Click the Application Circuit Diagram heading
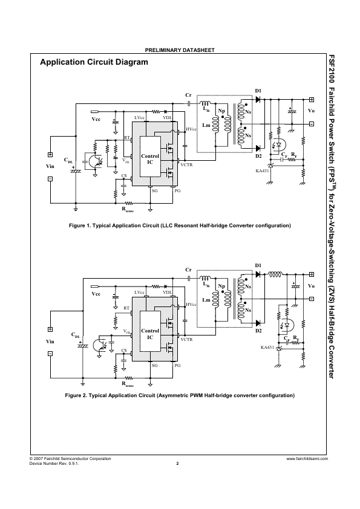click(x=94, y=62)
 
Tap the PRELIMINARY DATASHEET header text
click(x=180, y=50)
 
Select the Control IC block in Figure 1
click(x=150, y=157)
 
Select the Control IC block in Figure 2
click(x=150, y=331)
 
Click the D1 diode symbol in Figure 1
click(x=258, y=100)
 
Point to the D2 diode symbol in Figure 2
click(x=258, y=323)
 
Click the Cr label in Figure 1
click(x=188, y=95)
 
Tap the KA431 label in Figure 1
click(x=262, y=170)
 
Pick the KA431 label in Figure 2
click(x=267, y=348)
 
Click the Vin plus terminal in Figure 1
click(x=50, y=155)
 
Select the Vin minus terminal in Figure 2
click(x=50, y=354)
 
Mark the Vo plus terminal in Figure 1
click(x=311, y=100)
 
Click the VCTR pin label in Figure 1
click(x=186, y=165)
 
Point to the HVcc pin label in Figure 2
click(x=191, y=305)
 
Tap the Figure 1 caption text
click(x=180, y=225)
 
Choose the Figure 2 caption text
click(x=180, y=395)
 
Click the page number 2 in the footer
click(x=177, y=464)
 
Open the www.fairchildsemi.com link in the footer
click(x=307, y=459)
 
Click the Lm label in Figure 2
click(x=206, y=300)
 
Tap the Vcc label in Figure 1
click(x=96, y=119)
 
